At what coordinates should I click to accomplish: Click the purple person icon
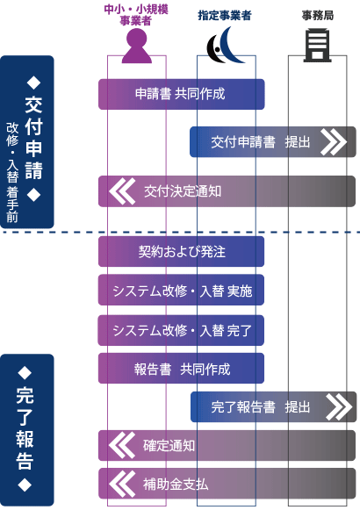point(137,46)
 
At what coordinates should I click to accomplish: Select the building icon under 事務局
point(317,46)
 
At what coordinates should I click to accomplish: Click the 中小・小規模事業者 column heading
point(136,15)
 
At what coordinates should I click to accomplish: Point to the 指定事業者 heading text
point(225,15)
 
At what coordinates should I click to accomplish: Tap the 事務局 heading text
point(317,15)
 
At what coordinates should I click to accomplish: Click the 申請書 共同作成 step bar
point(182,94)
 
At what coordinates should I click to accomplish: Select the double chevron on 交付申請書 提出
point(333,142)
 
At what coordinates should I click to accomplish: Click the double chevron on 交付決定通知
point(122,191)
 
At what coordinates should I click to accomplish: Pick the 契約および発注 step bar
point(181,251)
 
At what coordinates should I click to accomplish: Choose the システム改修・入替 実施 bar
point(181,291)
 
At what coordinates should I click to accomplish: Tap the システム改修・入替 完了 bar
point(181,330)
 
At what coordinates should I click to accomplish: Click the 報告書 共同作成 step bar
point(181,369)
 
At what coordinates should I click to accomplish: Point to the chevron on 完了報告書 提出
point(339,407)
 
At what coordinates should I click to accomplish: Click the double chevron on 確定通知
point(122,445)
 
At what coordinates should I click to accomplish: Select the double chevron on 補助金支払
point(122,484)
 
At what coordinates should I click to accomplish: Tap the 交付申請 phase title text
point(34,139)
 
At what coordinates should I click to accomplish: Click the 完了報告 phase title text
point(25,428)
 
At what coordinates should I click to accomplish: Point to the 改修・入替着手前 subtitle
point(12,173)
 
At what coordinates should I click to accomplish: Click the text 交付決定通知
point(183,191)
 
